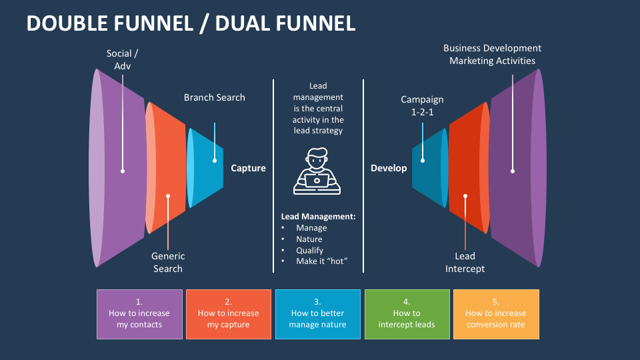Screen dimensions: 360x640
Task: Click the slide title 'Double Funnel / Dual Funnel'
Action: click(x=191, y=23)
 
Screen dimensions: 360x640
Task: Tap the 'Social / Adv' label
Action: click(x=123, y=59)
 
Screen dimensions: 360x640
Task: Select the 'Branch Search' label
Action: click(x=214, y=97)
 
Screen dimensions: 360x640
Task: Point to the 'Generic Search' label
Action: click(x=168, y=262)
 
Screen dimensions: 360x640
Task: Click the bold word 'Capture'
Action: click(x=248, y=168)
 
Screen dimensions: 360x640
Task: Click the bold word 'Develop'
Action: click(x=389, y=168)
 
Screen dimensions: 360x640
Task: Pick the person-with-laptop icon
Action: click(x=317, y=172)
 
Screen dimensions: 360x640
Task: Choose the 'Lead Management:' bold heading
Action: click(x=318, y=217)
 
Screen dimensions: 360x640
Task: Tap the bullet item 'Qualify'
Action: click(x=309, y=250)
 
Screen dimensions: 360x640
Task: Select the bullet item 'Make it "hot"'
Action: click(x=322, y=261)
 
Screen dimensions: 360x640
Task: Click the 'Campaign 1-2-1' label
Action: click(x=422, y=105)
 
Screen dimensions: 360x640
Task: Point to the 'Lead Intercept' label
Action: click(x=465, y=262)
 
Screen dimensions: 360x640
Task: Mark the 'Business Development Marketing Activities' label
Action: click(x=492, y=54)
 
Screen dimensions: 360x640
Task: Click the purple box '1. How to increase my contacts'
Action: click(x=139, y=313)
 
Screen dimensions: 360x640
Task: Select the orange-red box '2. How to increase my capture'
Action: click(x=228, y=313)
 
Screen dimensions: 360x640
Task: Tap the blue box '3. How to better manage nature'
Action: click(x=317, y=313)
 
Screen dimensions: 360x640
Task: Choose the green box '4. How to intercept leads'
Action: click(x=407, y=313)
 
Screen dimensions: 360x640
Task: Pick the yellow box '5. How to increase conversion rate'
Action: click(x=496, y=313)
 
